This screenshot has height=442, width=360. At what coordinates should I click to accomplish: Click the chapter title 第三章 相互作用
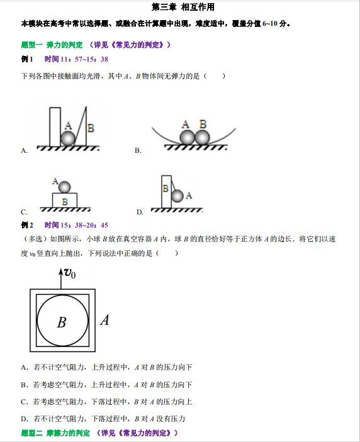[x=179, y=7]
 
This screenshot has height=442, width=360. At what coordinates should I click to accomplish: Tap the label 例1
[x=27, y=59]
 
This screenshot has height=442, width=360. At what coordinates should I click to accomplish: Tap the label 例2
[x=27, y=225]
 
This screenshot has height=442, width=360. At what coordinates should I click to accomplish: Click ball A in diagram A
[x=67, y=138]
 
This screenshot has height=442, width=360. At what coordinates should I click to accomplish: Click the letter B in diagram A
[x=91, y=128]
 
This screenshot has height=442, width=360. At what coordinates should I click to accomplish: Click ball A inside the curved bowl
[x=186, y=136]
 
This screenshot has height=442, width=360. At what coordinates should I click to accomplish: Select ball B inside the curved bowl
[x=201, y=136]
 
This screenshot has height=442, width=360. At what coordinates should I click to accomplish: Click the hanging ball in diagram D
[x=178, y=196]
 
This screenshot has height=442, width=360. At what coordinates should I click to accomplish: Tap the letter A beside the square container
[x=104, y=320]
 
